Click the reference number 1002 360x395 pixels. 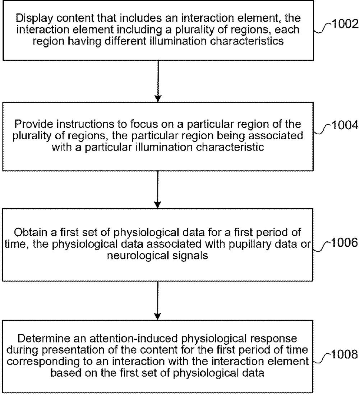click(345, 24)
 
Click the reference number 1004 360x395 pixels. click(345, 125)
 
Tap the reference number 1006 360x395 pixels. click(344, 243)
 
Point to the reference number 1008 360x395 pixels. click(344, 354)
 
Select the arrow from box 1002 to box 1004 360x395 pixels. click(158, 81)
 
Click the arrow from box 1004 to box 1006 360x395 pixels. click(158, 190)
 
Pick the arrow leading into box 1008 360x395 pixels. click(158, 301)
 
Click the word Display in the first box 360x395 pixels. click(34, 18)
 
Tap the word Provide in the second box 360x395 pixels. click(33, 124)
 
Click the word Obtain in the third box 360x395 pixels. click(30, 232)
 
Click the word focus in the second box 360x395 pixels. click(143, 124)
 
